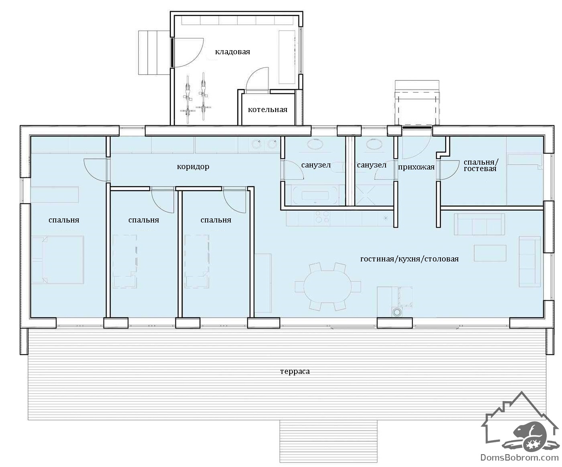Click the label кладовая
coord(233,52)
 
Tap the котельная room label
coord(268,110)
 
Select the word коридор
coord(193,167)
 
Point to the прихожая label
coord(416,167)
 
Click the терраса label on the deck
coord(295,371)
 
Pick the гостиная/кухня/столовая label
coord(410,259)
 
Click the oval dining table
coord(328,287)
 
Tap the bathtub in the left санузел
coord(315,196)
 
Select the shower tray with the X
coord(366,195)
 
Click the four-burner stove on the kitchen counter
coord(322,217)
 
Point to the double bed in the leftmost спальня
coord(58,260)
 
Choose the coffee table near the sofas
coord(490,253)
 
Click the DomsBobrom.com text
coord(519,458)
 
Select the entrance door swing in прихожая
coord(417,144)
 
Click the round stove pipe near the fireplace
coord(397,312)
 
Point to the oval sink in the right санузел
coord(373,144)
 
